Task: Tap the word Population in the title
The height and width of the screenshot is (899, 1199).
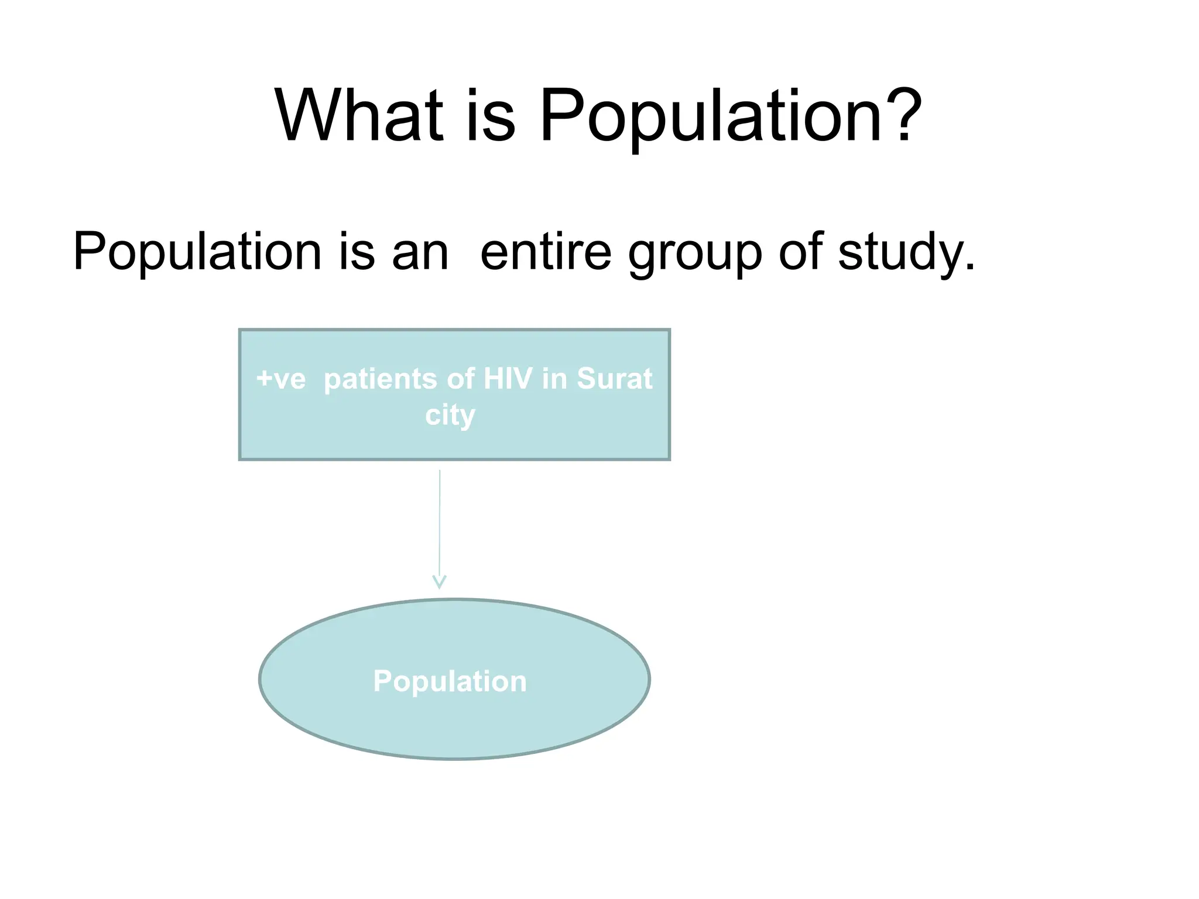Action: [x=710, y=117]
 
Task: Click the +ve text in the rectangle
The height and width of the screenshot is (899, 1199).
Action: [x=281, y=379]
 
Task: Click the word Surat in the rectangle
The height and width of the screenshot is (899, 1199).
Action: [x=614, y=379]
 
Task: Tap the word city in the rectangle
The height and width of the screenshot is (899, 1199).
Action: [x=450, y=416]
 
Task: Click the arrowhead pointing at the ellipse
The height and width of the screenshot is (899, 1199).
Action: [x=439, y=582]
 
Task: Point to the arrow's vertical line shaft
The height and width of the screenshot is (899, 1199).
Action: [x=440, y=521]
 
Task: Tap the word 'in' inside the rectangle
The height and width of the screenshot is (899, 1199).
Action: [x=554, y=379]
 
